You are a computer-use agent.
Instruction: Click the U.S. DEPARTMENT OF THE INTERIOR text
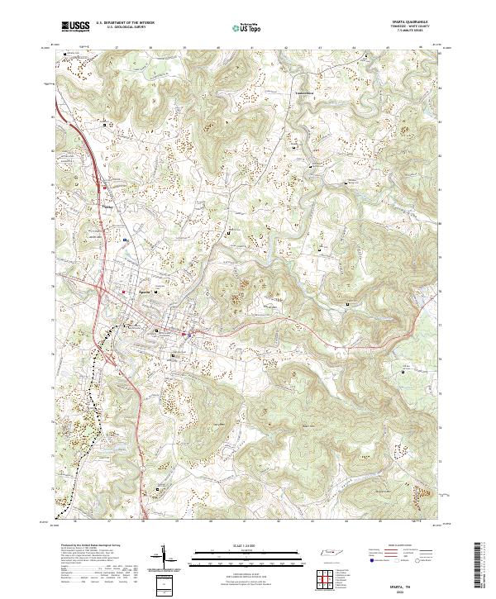pos(125,23)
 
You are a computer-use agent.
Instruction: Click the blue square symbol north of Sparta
pos(124,240)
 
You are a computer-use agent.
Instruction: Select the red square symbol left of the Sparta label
pos(124,292)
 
